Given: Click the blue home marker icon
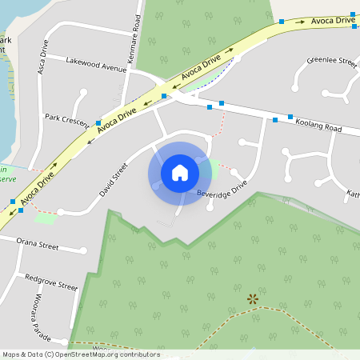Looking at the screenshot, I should (x=179, y=172).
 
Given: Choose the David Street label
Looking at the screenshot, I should (x=114, y=180).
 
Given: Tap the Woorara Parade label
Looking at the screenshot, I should (x=42, y=316).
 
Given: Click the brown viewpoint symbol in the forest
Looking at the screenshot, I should (x=253, y=299).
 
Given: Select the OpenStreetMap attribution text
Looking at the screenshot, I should (x=81, y=354).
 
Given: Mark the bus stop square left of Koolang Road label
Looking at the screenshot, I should (x=274, y=120).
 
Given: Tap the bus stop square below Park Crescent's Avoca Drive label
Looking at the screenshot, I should (x=98, y=122).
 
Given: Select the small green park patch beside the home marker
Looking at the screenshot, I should (x=211, y=169).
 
